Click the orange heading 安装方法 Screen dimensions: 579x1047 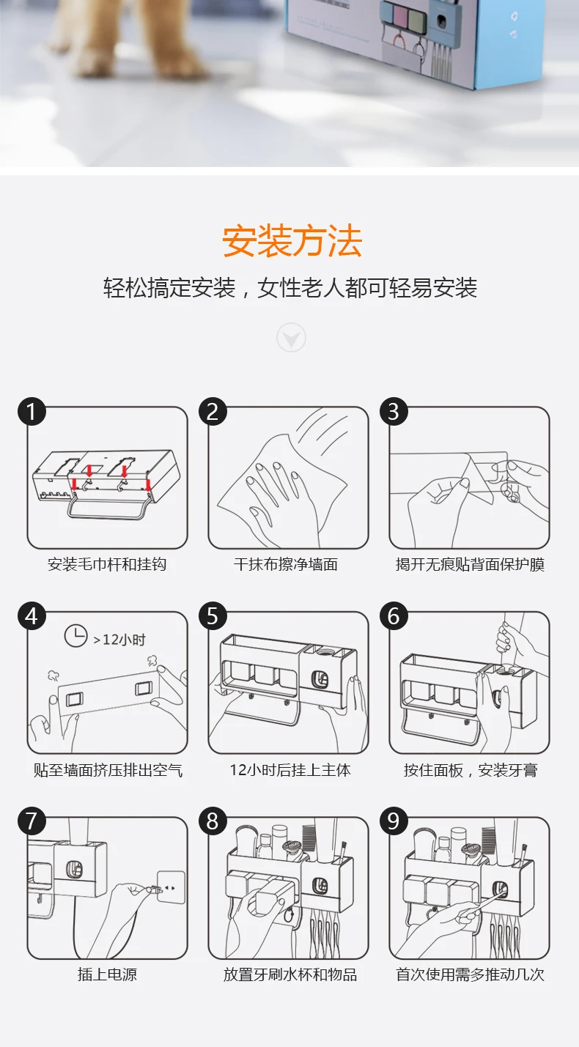[x=292, y=241]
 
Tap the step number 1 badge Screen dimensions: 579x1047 [x=32, y=412]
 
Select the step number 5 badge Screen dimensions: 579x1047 [x=213, y=616]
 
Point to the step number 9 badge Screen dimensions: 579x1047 [x=394, y=821]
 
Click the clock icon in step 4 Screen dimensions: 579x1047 [x=75, y=636]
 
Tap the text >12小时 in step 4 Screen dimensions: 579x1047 [x=119, y=640]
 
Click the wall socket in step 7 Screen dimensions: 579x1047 [x=171, y=887]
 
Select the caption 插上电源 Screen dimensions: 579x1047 [x=107, y=974]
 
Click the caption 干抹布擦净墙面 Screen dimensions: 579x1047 [x=286, y=565]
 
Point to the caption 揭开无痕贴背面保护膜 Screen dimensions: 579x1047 [x=470, y=565]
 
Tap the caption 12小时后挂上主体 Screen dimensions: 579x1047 [x=290, y=770]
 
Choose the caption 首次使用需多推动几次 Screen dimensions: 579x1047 [x=470, y=974]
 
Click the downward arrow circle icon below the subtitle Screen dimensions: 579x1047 [x=291, y=338]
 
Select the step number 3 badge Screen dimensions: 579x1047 [x=394, y=412]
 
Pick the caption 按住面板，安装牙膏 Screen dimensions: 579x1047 [x=471, y=770]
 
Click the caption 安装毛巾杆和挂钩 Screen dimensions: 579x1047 [x=107, y=565]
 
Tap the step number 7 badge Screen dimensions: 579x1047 [x=32, y=821]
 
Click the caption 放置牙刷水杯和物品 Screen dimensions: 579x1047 [x=290, y=974]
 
